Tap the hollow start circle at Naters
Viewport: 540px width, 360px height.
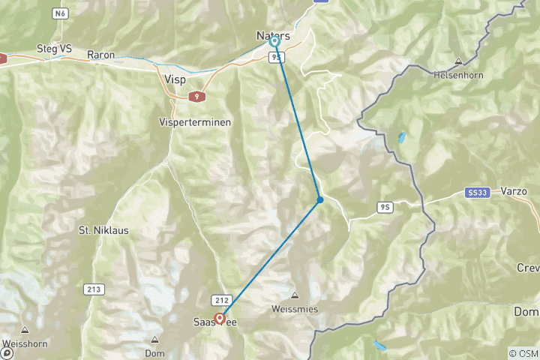(x=274, y=43)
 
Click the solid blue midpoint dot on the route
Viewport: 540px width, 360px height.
(x=320, y=199)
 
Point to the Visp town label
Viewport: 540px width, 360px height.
(x=174, y=77)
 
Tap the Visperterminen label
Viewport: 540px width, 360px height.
(x=195, y=121)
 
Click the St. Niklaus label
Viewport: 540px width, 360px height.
(x=103, y=230)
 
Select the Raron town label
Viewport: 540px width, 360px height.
(x=100, y=54)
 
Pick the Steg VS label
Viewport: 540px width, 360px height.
(x=55, y=49)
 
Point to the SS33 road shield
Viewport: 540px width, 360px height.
(x=477, y=193)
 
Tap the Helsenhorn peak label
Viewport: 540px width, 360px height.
(x=457, y=74)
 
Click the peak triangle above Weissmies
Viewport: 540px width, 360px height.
(x=295, y=295)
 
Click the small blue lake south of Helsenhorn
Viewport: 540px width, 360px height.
(x=401, y=138)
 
